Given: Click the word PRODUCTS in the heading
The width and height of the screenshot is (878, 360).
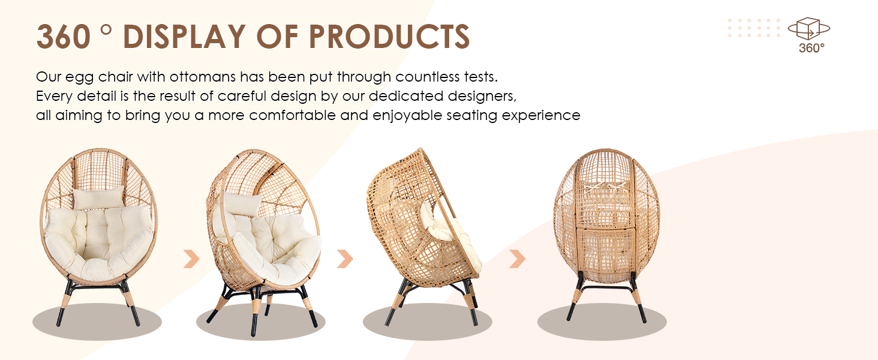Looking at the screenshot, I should [389, 37].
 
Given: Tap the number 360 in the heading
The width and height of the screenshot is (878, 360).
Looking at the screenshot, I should [64, 37].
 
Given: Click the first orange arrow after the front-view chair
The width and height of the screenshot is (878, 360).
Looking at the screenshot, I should [191, 259].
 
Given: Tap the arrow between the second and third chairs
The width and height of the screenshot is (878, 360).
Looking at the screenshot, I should [345, 259].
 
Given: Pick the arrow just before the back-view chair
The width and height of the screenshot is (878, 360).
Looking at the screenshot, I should [517, 259].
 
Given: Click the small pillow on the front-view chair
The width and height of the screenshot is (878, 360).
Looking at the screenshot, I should [99, 197].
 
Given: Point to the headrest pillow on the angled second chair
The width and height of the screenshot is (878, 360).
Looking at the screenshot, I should [243, 205].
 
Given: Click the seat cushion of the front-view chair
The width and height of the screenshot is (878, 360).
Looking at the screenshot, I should [99, 240].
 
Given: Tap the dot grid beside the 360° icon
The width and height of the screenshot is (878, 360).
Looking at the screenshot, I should [754, 28].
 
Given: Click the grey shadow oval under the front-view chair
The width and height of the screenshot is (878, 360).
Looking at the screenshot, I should [97, 322].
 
